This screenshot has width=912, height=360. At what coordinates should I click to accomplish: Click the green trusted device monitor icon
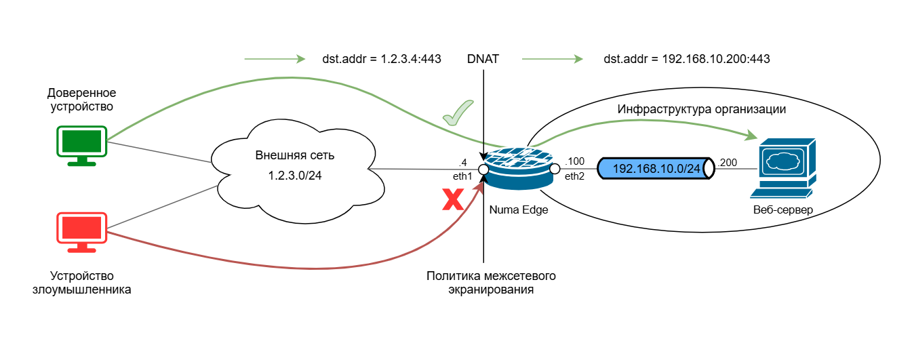[x=81, y=144]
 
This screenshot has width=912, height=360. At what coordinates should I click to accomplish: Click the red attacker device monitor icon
[x=81, y=231]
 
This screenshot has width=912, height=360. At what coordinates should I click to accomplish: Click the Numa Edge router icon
[x=519, y=168]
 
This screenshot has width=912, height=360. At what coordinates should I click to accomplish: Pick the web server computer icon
[x=787, y=167]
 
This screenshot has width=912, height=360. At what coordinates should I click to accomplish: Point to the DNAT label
[x=483, y=59]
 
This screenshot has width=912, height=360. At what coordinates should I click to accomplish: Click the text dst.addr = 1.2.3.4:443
[x=382, y=59]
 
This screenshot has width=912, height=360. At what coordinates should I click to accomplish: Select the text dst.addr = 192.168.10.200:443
[x=686, y=59]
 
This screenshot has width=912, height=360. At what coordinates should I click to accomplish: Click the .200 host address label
[x=727, y=161]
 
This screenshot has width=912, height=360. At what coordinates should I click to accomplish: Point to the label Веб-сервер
[x=783, y=210]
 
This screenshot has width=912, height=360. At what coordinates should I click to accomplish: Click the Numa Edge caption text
[x=519, y=210]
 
